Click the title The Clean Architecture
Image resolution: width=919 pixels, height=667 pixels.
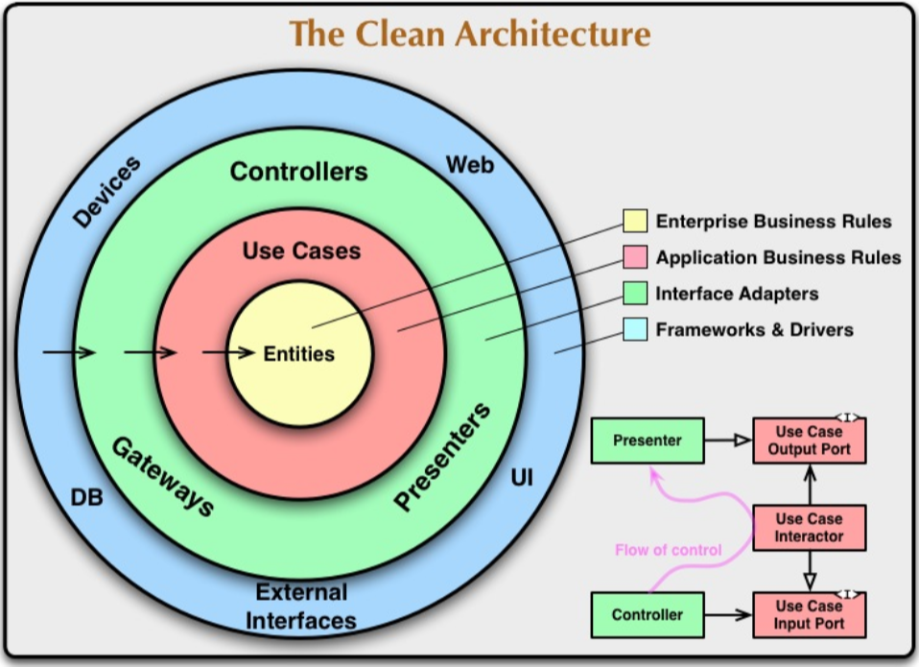coord(470,34)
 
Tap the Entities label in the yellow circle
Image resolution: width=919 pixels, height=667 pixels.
coord(299,354)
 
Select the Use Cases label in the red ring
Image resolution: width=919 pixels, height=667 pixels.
coord(301,251)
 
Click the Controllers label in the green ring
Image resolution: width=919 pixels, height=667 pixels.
coord(298,173)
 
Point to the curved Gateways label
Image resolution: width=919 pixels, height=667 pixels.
coord(162,477)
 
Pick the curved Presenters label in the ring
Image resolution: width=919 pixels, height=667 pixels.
coord(442,457)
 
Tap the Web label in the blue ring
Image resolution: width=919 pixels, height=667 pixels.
coord(470,165)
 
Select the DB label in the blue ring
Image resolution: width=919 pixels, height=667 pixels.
coord(86,499)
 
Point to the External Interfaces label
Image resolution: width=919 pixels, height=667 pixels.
coord(300,606)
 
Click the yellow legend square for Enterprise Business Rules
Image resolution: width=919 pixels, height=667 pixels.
coord(635,222)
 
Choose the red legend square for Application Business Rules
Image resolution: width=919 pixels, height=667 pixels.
coord(635,258)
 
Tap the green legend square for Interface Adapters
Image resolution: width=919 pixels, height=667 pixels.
coord(635,294)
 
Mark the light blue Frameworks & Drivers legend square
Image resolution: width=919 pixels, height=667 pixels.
coord(635,330)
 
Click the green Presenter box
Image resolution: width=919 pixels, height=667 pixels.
coord(647,441)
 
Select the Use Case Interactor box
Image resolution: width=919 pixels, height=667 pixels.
coord(809,528)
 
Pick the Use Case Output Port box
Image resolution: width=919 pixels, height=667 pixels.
coord(809,441)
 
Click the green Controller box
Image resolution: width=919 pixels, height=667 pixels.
coord(647,614)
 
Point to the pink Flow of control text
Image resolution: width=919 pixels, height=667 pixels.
coord(669,551)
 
